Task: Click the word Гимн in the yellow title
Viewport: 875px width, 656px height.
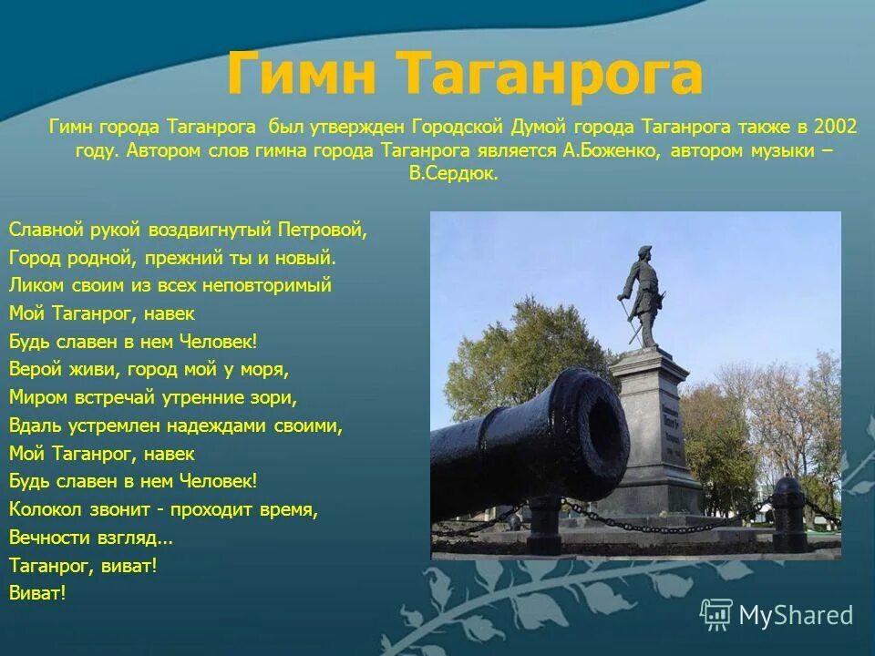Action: pos(300,76)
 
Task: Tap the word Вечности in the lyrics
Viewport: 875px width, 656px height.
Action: pos(46,538)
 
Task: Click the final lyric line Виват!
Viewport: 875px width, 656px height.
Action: pos(37,593)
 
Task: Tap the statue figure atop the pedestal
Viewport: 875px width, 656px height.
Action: pos(643,296)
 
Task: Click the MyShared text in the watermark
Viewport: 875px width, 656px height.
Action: pos(796,615)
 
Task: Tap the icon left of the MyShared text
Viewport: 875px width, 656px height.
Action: pos(716,615)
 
